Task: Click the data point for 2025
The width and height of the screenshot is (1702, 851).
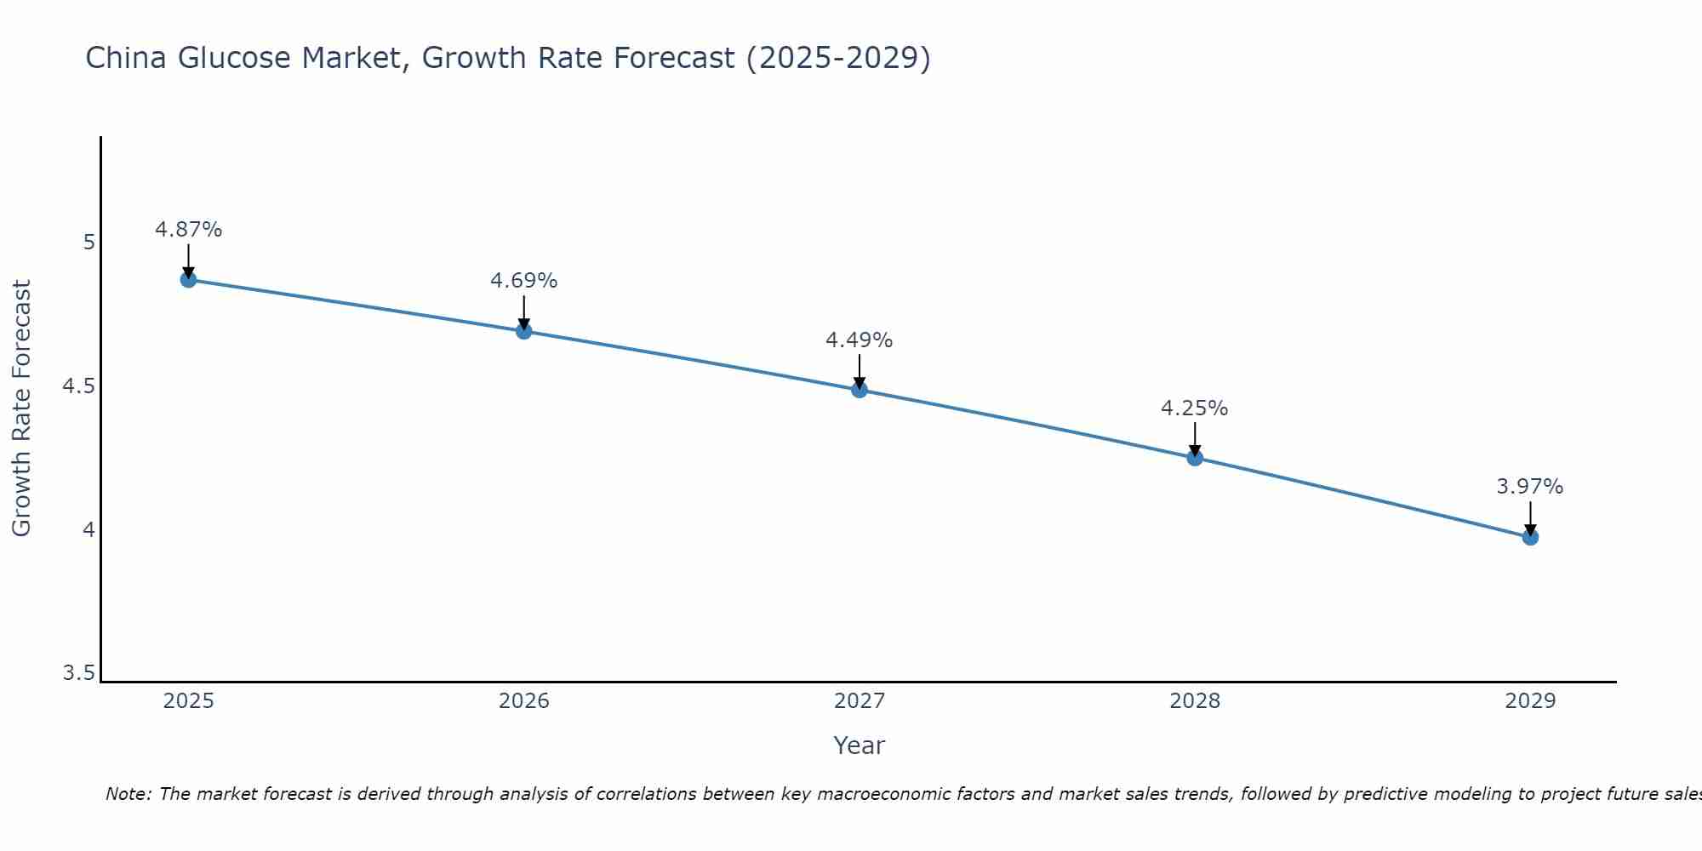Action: (x=188, y=279)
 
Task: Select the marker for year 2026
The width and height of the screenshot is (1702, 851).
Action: (x=524, y=331)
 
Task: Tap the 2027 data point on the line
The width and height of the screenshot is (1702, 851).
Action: (x=860, y=390)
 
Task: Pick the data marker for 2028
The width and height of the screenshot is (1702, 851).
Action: (x=1195, y=458)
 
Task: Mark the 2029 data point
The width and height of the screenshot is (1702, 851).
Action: (x=1530, y=537)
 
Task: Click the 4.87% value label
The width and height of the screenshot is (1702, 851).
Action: (x=188, y=230)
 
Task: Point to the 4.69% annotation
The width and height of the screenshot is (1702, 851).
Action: (x=524, y=281)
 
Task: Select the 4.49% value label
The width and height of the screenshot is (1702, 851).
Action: (x=860, y=340)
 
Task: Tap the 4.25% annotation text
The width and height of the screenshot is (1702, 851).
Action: (x=1195, y=408)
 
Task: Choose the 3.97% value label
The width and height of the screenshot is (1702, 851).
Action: (x=1530, y=487)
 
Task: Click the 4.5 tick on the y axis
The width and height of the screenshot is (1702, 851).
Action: (x=78, y=386)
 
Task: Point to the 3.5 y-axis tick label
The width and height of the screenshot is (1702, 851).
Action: (x=78, y=674)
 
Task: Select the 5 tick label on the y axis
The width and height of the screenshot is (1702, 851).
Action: (x=89, y=243)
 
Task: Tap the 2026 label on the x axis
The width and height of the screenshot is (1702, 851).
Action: (x=524, y=701)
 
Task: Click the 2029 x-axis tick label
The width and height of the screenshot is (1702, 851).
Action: (x=1530, y=701)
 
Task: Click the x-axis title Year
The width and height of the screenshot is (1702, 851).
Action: (x=860, y=745)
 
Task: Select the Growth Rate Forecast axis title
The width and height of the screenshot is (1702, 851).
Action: (x=21, y=408)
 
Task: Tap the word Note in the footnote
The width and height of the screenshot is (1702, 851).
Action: (x=128, y=794)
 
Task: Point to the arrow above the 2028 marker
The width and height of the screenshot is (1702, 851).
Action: (x=1195, y=438)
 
